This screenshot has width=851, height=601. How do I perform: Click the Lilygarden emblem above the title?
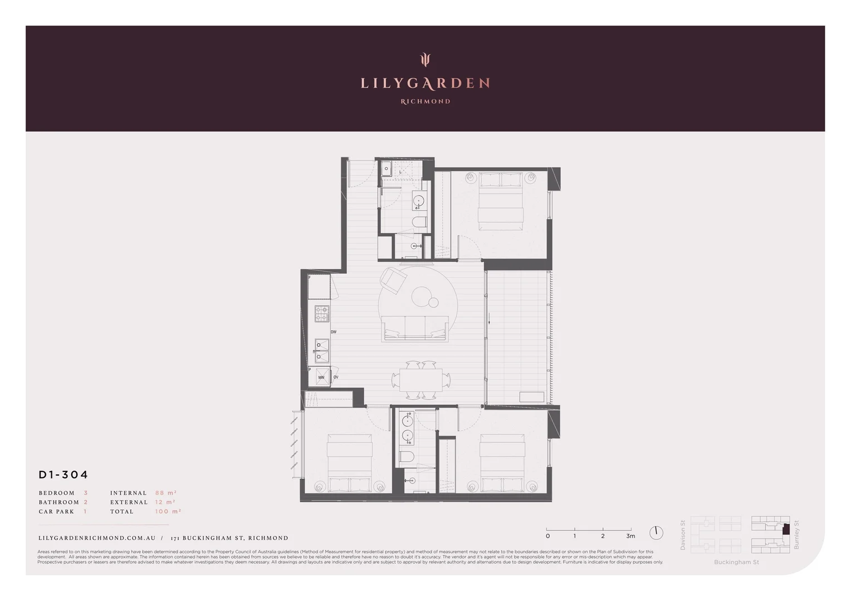tap(425, 59)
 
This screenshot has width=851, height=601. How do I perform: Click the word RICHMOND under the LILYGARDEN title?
tap(425, 101)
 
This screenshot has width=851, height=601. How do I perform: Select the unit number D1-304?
tap(63, 475)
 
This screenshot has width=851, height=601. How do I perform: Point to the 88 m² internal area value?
tap(165, 493)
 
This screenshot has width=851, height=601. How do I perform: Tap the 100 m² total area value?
tap(168, 511)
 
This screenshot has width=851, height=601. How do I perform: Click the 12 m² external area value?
tap(165, 502)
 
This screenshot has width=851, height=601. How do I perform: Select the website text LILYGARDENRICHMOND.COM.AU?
tap(97, 538)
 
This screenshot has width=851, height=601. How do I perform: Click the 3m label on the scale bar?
tap(630, 536)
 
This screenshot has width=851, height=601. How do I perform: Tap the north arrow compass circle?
tap(656, 533)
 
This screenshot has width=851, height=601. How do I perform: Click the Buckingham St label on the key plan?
tap(736, 562)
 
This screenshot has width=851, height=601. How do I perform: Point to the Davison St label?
tap(683, 535)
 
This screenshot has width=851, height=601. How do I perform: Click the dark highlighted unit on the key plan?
tap(786, 530)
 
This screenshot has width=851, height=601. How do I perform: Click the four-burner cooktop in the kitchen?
tap(322, 314)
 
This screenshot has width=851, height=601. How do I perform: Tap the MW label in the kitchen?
tap(321, 378)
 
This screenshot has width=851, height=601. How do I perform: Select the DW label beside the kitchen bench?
tap(334, 332)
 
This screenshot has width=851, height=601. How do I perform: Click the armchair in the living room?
tap(393, 280)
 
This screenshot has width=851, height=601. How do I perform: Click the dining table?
tap(420, 380)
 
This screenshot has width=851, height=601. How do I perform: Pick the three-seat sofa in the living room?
tap(415, 327)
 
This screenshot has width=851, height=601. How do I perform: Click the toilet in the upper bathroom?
tap(419, 223)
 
